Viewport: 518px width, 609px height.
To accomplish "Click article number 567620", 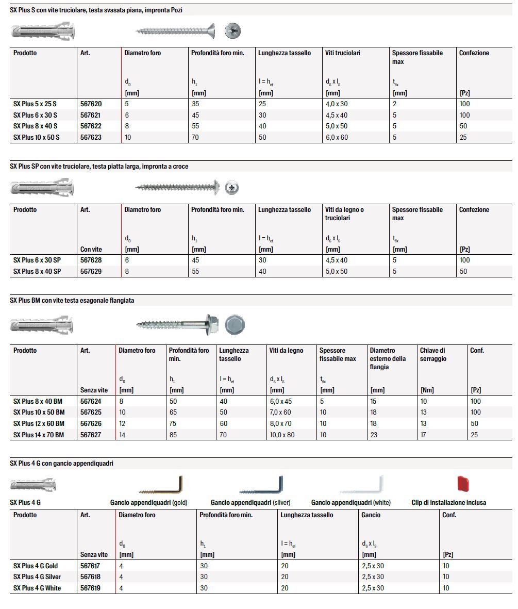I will (x=91, y=104).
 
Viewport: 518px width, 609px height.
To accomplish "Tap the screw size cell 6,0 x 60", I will (x=337, y=137).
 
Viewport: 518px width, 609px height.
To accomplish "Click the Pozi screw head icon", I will (x=233, y=31).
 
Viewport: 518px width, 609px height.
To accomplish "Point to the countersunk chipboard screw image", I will (x=176, y=31).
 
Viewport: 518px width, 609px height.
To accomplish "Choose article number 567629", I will (x=91, y=271).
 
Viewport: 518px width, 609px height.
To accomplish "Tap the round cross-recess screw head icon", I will (x=233, y=187).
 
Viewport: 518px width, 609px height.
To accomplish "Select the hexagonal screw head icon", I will (x=235, y=324).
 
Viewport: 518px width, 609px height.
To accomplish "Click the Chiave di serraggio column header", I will (x=432, y=354).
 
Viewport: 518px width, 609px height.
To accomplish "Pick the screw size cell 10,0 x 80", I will (x=283, y=435).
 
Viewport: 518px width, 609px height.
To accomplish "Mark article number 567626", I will (x=91, y=423).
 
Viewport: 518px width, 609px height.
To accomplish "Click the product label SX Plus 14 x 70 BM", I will (x=39, y=435).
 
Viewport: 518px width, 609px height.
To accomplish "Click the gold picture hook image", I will (x=162, y=486).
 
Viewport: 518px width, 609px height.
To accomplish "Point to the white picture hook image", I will (x=361, y=486).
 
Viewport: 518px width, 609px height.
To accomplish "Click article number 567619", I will (x=91, y=588).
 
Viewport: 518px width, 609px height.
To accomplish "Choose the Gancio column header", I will (x=371, y=515).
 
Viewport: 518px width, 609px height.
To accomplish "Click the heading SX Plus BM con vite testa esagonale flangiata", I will (x=72, y=300).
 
